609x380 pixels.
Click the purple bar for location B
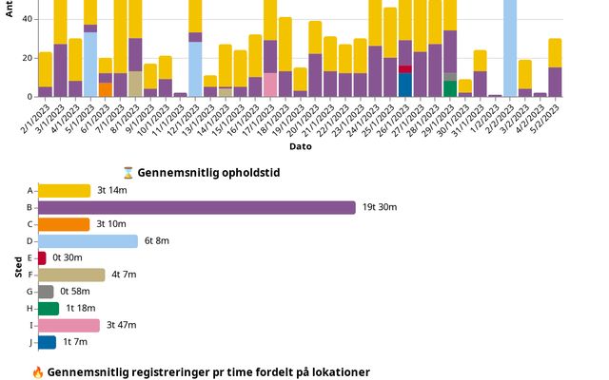[x=196, y=207]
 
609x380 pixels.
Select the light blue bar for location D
[x=88, y=241]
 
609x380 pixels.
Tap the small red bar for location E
[x=42, y=257]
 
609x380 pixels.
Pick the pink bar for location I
[x=69, y=325]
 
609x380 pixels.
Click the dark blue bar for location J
[x=47, y=342]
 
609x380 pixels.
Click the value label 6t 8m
[x=156, y=241]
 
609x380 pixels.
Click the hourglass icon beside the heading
[x=128, y=173]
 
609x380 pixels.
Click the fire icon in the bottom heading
[x=38, y=371]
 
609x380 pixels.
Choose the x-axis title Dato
[x=300, y=146]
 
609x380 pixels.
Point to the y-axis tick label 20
[x=27, y=58]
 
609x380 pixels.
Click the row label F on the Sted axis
[x=30, y=275]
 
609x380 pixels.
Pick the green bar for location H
[x=49, y=308]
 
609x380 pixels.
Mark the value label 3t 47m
[x=121, y=325]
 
